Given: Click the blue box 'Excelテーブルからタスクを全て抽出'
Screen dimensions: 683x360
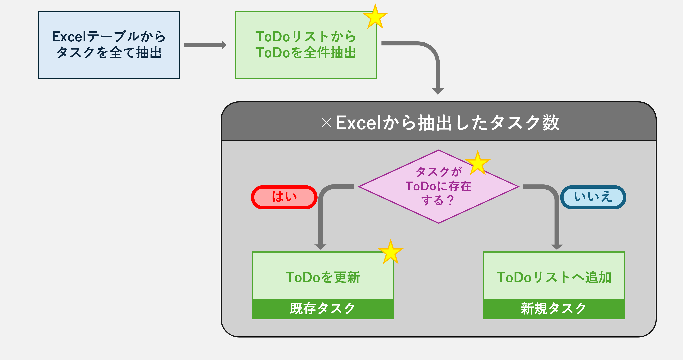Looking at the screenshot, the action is [109, 45].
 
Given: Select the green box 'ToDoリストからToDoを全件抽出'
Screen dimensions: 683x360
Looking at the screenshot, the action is [306, 45].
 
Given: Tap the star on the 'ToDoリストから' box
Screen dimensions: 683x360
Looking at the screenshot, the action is [375, 17].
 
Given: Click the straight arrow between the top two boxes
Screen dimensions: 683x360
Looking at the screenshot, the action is [205, 45].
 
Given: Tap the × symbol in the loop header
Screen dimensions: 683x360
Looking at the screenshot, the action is [326, 123].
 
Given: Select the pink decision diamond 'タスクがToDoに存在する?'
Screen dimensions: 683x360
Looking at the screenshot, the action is [439, 187].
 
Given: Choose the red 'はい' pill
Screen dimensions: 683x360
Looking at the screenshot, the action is [284, 197].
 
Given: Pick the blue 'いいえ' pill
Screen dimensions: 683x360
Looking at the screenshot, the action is [593, 197].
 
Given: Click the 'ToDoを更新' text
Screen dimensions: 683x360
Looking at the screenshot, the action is [323, 277].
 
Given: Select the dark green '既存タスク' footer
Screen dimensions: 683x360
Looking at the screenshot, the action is [323, 309].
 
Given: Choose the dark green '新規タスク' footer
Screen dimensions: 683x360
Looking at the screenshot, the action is [554, 309].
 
